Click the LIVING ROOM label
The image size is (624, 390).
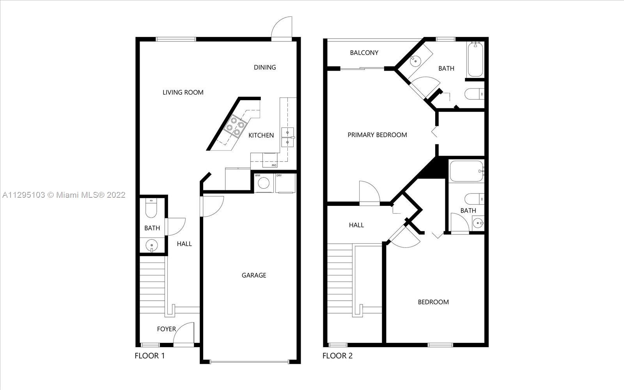click(x=183, y=92)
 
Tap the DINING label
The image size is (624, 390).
click(x=265, y=67)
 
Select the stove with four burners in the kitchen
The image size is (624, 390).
click(x=236, y=126)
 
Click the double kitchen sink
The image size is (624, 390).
click(x=287, y=137)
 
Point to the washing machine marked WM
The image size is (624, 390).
click(x=264, y=183)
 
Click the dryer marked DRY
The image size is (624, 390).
click(x=285, y=183)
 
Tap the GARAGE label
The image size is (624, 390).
click(x=254, y=275)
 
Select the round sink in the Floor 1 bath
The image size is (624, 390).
click(x=152, y=246)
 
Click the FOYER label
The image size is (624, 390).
click(x=166, y=329)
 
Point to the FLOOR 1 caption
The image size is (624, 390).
click(x=150, y=356)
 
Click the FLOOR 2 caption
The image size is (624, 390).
click(x=337, y=356)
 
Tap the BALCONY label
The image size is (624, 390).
click(x=364, y=53)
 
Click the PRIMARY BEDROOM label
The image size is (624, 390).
click(x=377, y=135)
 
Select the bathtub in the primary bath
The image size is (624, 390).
click(x=475, y=59)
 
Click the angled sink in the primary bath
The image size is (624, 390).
click(x=415, y=60)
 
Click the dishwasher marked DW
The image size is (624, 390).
click(x=270, y=160)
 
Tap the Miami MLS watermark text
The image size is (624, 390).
click(x=64, y=195)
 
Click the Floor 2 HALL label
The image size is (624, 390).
click(x=356, y=225)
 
